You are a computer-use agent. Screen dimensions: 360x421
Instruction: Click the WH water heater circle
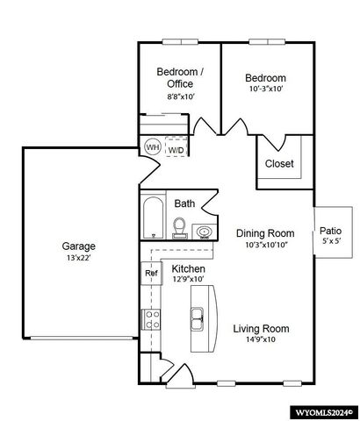(x=153, y=146)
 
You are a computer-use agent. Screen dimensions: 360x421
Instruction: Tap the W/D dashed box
(x=176, y=146)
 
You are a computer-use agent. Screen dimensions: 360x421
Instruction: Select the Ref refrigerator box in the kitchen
(x=151, y=273)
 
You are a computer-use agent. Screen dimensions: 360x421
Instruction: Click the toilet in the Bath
(x=180, y=228)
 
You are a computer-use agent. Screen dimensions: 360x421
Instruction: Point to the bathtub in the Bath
(x=154, y=218)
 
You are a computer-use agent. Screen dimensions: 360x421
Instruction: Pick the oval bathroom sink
(x=205, y=232)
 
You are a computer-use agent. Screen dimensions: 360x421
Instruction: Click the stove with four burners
(x=151, y=319)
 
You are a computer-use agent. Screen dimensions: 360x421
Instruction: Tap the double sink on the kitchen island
(x=198, y=319)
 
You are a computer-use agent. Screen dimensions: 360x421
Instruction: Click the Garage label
(x=78, y=246)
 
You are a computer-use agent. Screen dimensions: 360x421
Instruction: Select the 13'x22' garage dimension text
(x=78, y=258)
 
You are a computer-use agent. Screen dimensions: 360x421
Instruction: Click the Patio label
(x=330, y=231)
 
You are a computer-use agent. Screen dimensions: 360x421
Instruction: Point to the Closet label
(x=279, y=163)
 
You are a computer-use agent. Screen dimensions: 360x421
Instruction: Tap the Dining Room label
(x=265, y=233)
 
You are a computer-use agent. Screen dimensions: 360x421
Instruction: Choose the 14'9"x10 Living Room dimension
(x=261, y=339)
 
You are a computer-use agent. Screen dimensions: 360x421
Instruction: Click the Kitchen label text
(x=188, y=268)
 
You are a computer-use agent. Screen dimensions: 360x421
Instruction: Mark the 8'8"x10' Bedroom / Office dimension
(x=181, y=96)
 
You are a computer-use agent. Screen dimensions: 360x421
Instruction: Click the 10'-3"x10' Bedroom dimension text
(x=266, y=89)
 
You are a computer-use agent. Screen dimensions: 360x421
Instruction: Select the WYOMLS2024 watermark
(x=324, y=413)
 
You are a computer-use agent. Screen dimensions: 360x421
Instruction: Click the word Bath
(x=184, y=203)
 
